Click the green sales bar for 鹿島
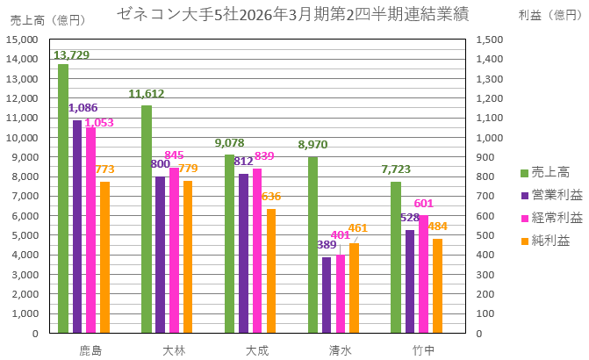click(63, 198)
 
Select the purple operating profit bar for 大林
click(160, 255)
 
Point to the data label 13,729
click(72, 54)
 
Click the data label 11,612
click(147, 94)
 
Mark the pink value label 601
click(424, 204)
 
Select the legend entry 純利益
click(550, 239)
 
